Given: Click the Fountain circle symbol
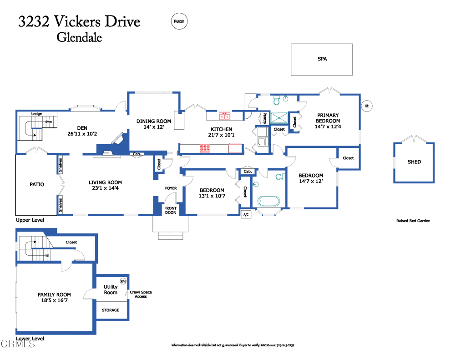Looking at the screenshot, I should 179,21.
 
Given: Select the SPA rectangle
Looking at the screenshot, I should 322,59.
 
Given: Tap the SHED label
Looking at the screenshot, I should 414,162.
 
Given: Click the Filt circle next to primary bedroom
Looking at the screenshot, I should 366,106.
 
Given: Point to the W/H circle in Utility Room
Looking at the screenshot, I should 122,281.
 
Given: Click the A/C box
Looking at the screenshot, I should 246,214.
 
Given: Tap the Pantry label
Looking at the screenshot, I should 264,118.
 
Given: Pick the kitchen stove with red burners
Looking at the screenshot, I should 206,148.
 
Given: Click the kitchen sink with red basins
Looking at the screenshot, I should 224,116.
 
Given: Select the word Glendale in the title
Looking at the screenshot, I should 79,37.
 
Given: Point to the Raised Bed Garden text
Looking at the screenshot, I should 413,221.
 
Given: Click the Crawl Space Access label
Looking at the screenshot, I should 141,294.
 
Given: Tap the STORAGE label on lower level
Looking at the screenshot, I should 111,310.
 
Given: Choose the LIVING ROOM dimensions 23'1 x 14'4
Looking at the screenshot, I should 105,188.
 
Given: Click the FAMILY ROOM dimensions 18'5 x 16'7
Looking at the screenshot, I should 55,301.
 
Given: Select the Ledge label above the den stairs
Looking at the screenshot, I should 36,114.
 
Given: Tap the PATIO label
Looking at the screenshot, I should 37,184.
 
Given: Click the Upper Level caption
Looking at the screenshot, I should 30,220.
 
